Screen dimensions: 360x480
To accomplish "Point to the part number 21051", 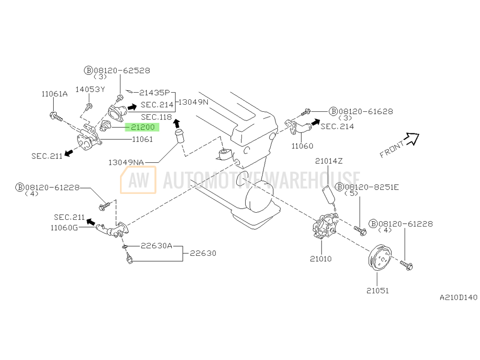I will click(377, 290).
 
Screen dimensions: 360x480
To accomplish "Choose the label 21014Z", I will click(329, 161).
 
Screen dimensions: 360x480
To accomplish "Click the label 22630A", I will click(156, 246).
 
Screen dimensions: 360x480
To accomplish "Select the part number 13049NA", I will click(126, 162).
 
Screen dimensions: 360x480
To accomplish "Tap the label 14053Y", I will click(90, 89).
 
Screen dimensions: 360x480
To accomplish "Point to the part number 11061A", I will click(54, 94).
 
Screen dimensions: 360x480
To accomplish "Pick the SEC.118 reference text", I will click(156, 117).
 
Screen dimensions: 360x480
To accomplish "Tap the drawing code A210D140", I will click(458, 298).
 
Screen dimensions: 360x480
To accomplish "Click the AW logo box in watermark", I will click(138, 180).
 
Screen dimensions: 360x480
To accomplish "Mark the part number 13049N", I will click(193, 102).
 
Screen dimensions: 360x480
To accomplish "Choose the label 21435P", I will click(155, 92).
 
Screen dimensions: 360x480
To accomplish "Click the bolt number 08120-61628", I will click(365, 111).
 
